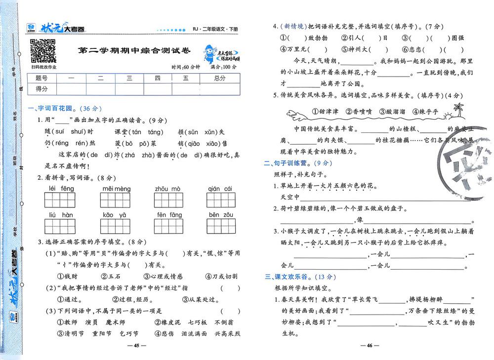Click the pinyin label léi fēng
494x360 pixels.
point(62,189)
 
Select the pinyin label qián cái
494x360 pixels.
point(220,189)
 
